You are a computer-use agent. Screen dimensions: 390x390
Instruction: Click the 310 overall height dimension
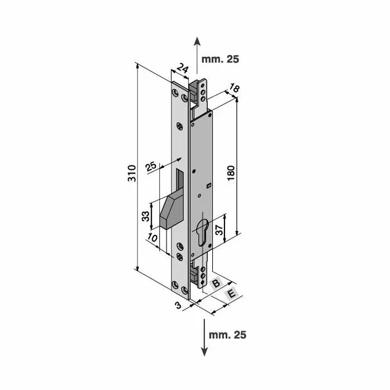pyautogui.click(x=132, y=173)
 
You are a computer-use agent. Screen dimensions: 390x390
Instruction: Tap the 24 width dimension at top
pyautogui.click(x=183, y=69)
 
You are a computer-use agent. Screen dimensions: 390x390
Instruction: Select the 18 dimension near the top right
pyautogui.click(x=234, y=88)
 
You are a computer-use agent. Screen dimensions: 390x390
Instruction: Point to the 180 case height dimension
pyautogui.click(x=231, y=173)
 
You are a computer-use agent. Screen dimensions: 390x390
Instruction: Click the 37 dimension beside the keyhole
pyautogui.click(x=219, y=230)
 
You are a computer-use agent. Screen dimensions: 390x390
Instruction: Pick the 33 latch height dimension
pyautogui.click(x=145, y=216)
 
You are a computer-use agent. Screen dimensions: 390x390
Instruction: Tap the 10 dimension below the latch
pyautogui.click(x=152, y=237)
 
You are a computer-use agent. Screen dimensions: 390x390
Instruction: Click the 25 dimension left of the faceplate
pyautogui.click(x=151, y=167)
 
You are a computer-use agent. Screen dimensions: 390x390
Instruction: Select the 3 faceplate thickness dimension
pyautogui.click(x=178, y=305)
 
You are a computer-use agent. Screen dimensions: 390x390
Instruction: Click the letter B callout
pyautogui.click(x=216, y=283)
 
